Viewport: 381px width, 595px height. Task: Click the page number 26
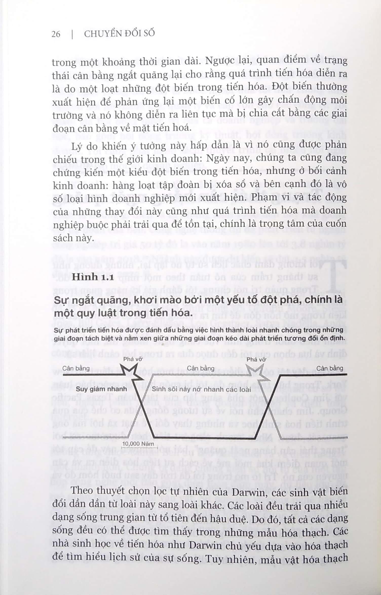coord(56,34)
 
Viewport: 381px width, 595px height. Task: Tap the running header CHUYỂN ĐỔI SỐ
coord(119,34)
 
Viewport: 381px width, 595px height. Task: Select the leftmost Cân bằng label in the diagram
coord(76,368)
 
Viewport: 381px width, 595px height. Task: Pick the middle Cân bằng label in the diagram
coord(201,368)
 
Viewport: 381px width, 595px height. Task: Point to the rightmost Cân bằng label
coord(330,368)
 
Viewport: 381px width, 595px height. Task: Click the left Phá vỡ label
coord(133,359)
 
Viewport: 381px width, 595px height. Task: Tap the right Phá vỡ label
coord(256,359)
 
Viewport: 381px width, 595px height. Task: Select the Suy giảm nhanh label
coord(101,389)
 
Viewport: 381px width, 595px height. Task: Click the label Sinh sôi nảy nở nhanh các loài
coord(201,389)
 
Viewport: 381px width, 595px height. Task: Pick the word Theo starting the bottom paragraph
coord(82,491)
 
